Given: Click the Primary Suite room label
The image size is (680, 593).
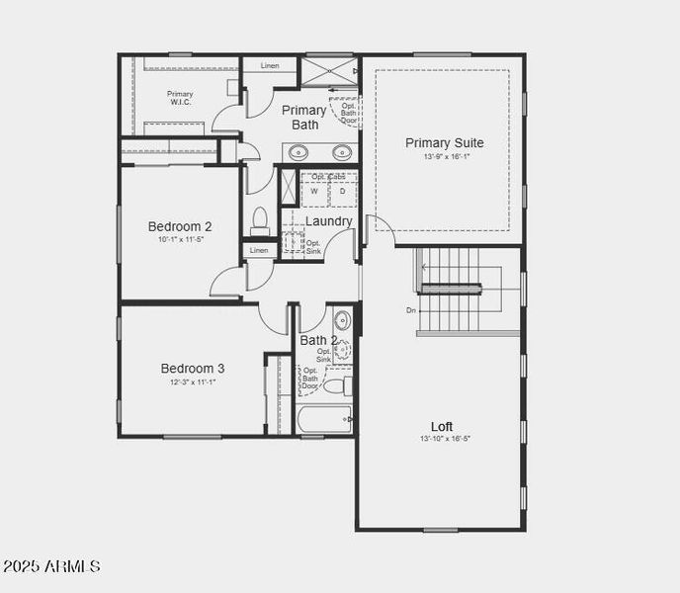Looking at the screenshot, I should (x=444, y=143).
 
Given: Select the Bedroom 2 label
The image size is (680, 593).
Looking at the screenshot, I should (x=180, y=226).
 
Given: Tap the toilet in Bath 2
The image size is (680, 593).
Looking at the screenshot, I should (x=335, y=384).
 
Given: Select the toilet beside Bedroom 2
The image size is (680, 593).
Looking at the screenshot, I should (x=260, y=221).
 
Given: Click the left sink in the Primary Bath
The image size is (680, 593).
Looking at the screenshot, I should (x=298, y=152).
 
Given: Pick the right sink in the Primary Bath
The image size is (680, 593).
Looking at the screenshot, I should (x=342, y=152).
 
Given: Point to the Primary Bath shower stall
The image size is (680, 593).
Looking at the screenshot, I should (x=329, y=72).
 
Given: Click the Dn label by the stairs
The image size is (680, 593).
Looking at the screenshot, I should (x=411, y=310).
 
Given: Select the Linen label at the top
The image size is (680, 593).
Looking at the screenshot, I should (x=270, y=65).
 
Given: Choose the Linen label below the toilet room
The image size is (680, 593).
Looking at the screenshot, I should (x=259, y=250).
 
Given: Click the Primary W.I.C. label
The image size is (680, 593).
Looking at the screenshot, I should (x=180, y=98).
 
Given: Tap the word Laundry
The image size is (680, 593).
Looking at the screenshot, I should (x=328, y=221).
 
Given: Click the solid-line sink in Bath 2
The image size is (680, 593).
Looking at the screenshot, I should (x=342, y=320).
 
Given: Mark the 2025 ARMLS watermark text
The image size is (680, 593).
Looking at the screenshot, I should (x=51, y=567).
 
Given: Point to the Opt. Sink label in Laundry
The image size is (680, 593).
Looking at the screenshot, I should (x=313, y=247).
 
